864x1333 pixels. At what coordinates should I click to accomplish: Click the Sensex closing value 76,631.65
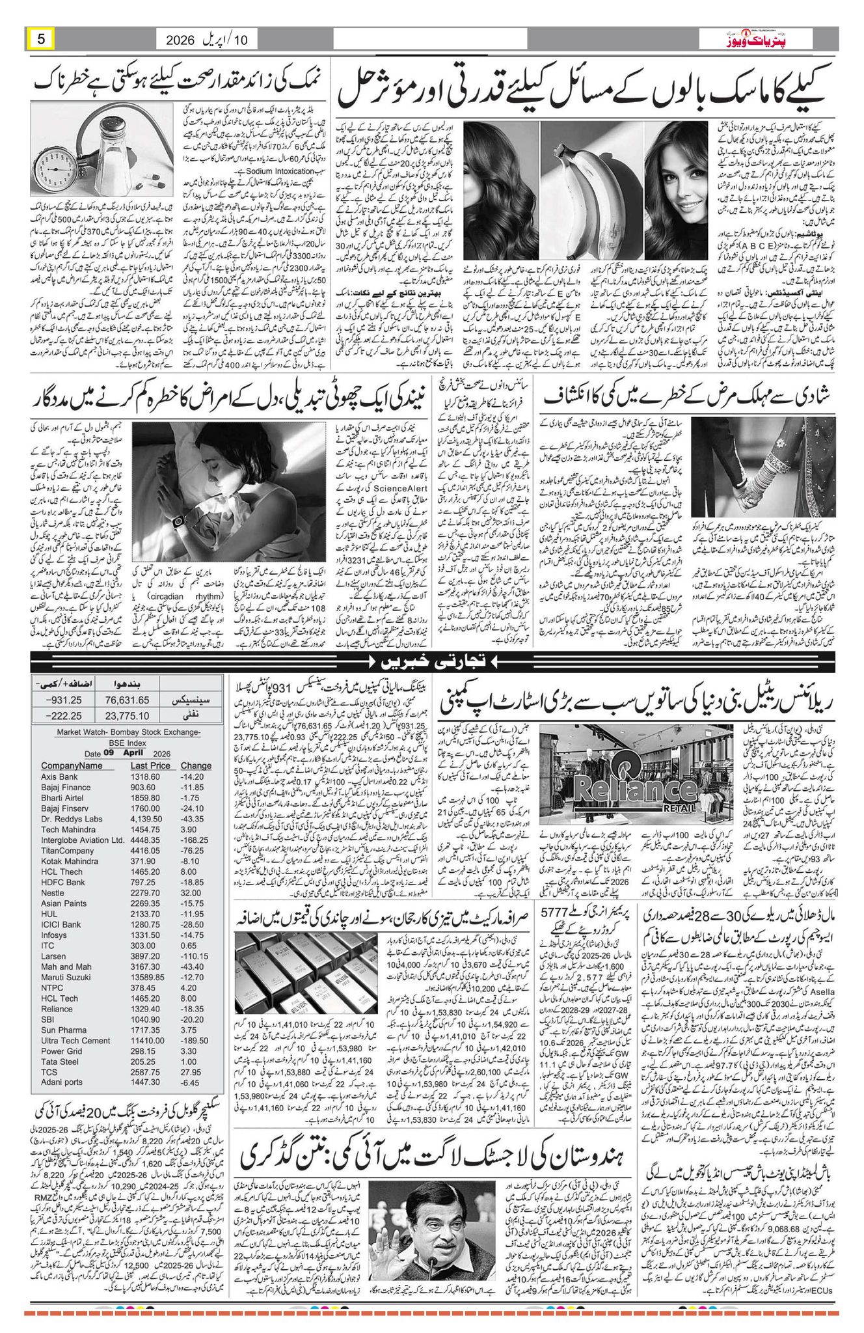coord(127,718)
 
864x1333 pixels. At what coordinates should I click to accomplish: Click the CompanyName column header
coord(72,765)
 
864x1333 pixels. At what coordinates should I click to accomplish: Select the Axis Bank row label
coord(59,776)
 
